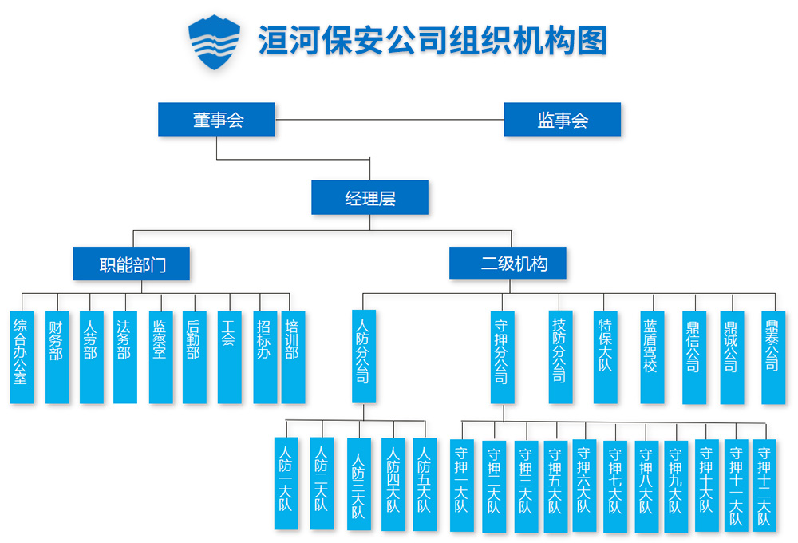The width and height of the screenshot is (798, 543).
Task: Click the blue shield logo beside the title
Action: (x=214, y=42)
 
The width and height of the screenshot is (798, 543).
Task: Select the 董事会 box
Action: (x=216, y=120)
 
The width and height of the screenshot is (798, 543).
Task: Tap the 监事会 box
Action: (x=563, y=120)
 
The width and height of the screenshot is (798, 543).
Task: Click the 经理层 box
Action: (x=369, y=198)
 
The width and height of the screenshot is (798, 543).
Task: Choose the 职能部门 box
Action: (x=132, y=264)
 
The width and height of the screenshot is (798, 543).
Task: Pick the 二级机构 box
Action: (x=508, y=264)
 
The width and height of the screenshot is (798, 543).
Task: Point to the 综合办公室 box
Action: (x=22, y=357)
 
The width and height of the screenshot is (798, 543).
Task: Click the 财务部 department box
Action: (x=57, y=357)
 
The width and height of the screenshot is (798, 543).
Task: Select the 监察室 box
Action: (x=160, y=357)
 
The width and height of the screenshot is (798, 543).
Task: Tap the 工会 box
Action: (x=229, y=357)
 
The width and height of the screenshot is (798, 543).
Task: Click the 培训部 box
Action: (x=293, y=357)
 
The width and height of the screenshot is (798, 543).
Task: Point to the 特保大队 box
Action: (x=606, y=357)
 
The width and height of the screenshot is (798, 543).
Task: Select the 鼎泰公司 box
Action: (x=773, y=357)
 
